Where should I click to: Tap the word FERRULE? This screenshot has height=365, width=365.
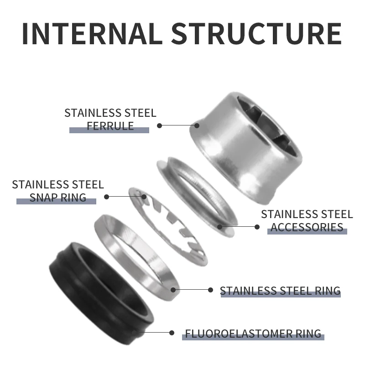click(110, 125)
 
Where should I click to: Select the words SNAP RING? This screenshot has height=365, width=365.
click(57, 197)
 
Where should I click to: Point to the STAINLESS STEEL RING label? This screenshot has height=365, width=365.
click(280, 291)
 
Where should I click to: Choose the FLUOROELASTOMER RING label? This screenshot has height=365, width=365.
click(253, 334)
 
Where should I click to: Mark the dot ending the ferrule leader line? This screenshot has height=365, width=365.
click(160, 125)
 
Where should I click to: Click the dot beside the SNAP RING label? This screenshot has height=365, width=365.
click(107, 197)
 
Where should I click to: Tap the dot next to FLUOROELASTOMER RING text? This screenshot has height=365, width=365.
click(172, 334)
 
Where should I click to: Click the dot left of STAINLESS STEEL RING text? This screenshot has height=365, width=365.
click(210, 290)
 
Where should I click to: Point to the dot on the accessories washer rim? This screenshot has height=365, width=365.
click(219, 226)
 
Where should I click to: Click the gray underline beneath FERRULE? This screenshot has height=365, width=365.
click(109, 130)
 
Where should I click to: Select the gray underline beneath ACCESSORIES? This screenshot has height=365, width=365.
click(307, 232)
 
